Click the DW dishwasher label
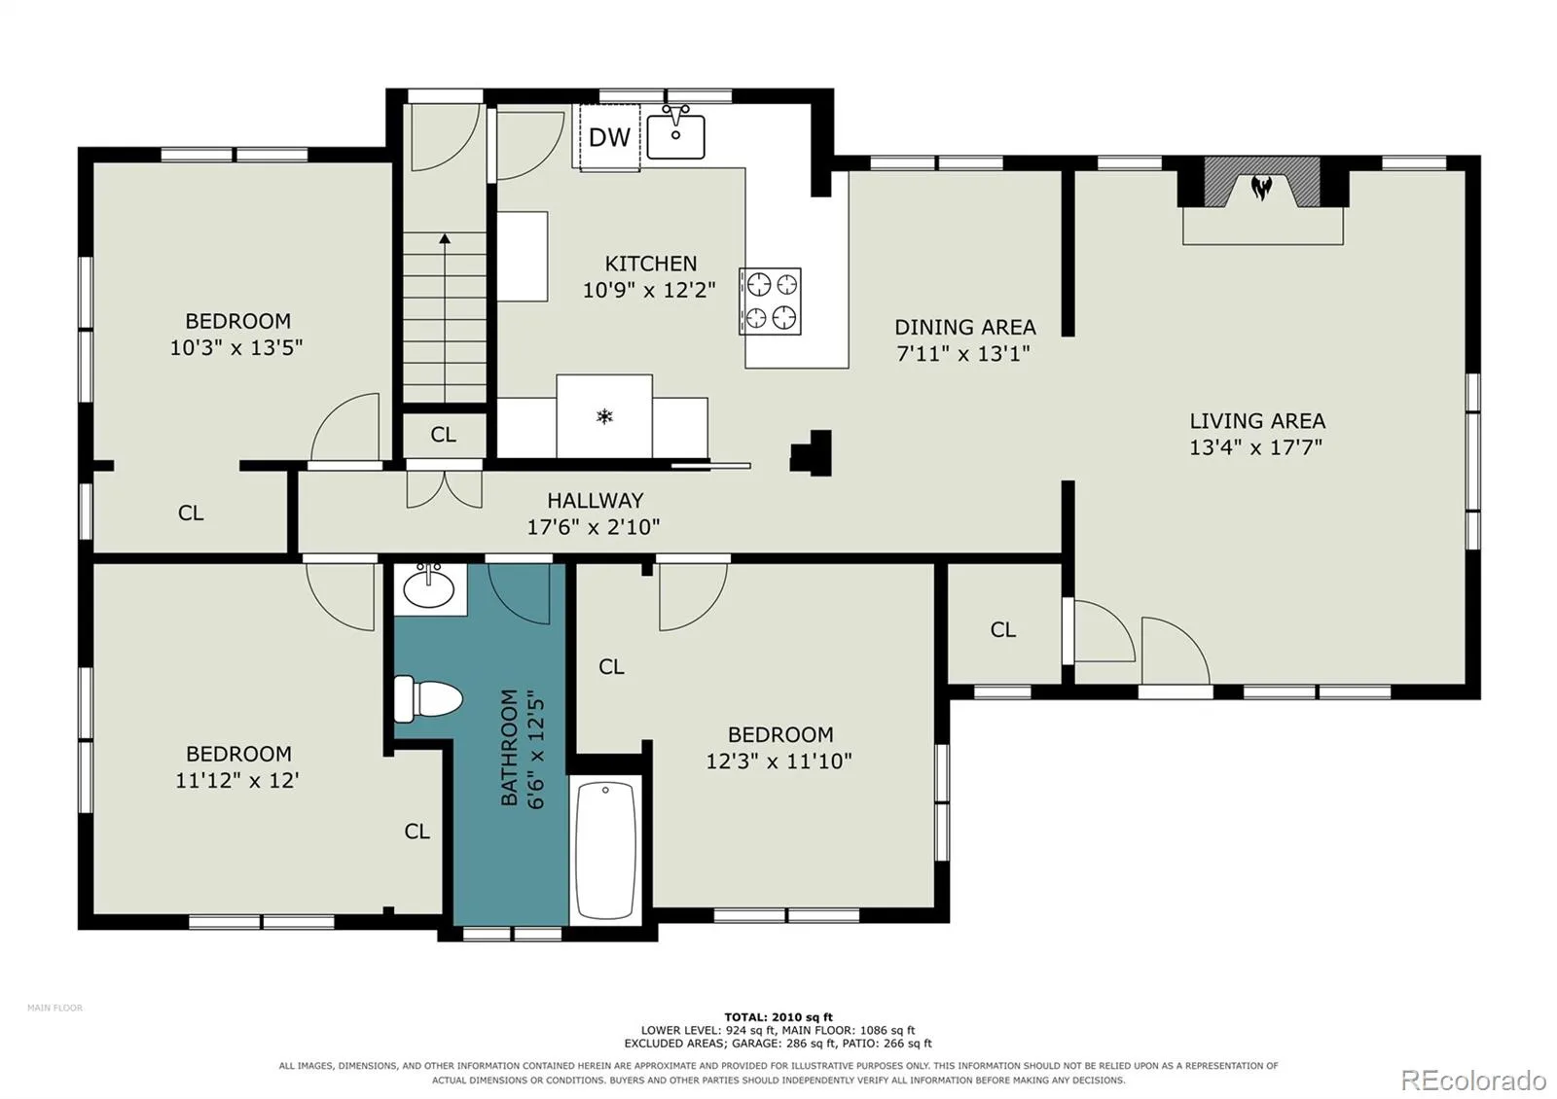click(609, 137)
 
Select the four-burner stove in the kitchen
click(770, 301)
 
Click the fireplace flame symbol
click(1261, 187)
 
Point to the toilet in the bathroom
click(428, 698)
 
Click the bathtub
click(605, 850)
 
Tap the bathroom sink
click(429, 588)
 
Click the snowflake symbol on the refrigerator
click(604, 417)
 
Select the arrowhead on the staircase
click(445, 239)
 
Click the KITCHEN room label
click(651, 264)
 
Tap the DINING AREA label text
click(964, 327)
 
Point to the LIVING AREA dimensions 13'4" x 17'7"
click(1255, 446)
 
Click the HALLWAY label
click(595, 500)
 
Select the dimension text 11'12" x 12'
click(237, 780)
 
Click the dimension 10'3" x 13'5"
click(236, 346)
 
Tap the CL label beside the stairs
click(444, 435)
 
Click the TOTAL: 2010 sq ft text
click(778, 1017)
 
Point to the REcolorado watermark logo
click(1473, 1081)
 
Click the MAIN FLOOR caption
click(54, 1008)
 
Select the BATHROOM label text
click(510, 748)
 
